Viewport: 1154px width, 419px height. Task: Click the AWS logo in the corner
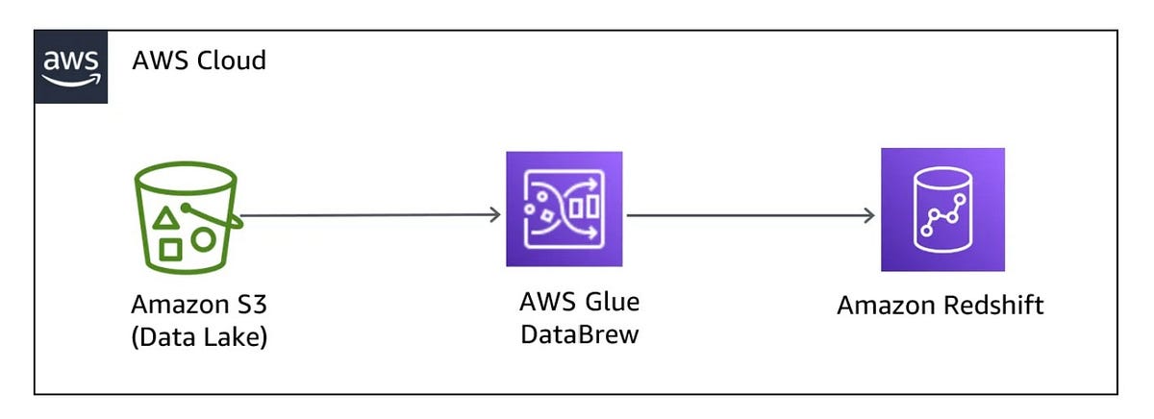[x=70, y=66]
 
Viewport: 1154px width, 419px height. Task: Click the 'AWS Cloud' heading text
[x=199, y=62]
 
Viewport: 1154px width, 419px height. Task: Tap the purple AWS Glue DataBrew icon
[x=564, y=209]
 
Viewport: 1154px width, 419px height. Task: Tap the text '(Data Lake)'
[x=198, y=338]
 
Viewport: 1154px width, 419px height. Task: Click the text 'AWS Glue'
[x=579, y=301]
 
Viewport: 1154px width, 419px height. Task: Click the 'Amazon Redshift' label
[x=940, y=306]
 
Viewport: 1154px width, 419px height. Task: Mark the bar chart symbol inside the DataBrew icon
[x=584, y=207]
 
